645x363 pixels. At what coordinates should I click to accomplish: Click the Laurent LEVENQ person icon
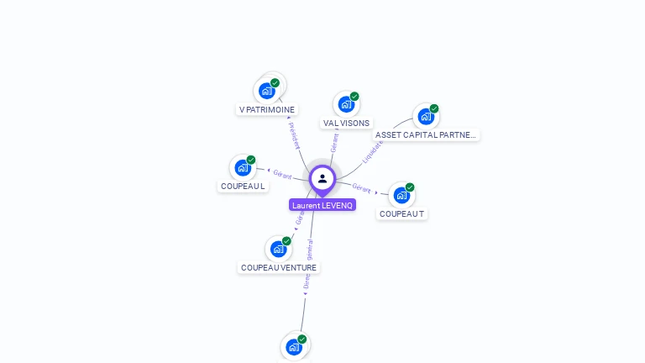pos(322,178)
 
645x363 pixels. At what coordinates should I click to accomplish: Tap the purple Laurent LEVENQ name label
pos(322,205)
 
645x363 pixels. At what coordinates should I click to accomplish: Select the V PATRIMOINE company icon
pos(268,90)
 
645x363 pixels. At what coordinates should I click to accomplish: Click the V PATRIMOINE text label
pos(267,109)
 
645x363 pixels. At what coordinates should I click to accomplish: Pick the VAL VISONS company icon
pos(345,104)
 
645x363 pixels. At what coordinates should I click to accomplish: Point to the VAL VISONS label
pos(346,123)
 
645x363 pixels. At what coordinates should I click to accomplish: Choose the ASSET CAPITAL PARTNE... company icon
pos(425,116)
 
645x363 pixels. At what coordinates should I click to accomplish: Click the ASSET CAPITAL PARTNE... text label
pos(426,134)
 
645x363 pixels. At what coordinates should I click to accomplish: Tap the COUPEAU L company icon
pos(244,167)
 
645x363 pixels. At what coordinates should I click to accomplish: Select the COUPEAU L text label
pos(243,186)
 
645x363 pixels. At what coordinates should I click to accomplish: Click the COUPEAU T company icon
pos(402,195)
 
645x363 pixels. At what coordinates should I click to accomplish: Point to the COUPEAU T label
pos(402,213)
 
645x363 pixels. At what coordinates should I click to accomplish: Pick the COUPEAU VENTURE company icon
pos(279,249)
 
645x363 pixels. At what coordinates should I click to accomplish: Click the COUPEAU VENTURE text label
pos(279,267)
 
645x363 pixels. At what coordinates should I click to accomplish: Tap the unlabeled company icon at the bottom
pos(294,347)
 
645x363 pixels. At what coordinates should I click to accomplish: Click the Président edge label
pos(294,135)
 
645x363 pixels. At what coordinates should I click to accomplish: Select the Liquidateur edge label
pos(373,151)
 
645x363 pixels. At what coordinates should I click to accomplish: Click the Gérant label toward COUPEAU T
pos(361,188)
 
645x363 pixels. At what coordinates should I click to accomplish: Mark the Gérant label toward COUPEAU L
pos(282,175)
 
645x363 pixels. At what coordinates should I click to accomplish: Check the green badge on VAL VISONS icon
pos(354,96)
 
